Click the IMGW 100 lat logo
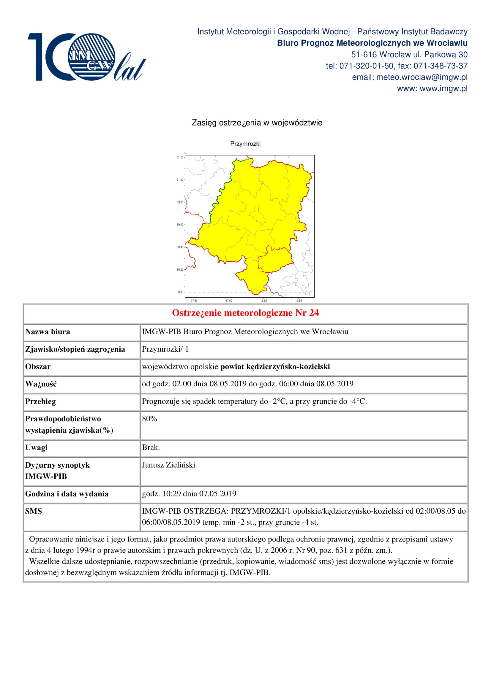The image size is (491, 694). click(x=86, y=57)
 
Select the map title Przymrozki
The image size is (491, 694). click(x=245, y=144)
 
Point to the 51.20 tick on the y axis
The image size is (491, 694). click(x=180, y=157)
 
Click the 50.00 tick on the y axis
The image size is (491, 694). click(x=180, y=292)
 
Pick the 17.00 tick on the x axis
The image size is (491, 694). click(x=194, y=301)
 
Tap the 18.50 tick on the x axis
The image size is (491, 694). click(x=298, y=301)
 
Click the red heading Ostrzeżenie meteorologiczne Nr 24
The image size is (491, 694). click(x=245, y=313)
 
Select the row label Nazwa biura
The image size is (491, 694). click(x=48, y=332)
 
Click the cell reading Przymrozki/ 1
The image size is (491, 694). click(x=165, y=349)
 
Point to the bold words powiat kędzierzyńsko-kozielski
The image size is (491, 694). click(x=275, y=367)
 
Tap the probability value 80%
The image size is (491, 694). click(x=149, y=419)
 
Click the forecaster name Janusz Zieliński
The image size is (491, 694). click(x=168, y=465)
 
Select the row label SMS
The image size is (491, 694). click(x=33, y=511)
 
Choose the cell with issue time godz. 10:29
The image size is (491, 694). click(x=189, y=494)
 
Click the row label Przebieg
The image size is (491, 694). click(x=40, y=401)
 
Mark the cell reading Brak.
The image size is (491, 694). click(x=151, y=447)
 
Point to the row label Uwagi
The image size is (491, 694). click(x=36, y=447)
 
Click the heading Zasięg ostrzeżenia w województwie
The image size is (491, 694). click(x=257, y=123)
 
